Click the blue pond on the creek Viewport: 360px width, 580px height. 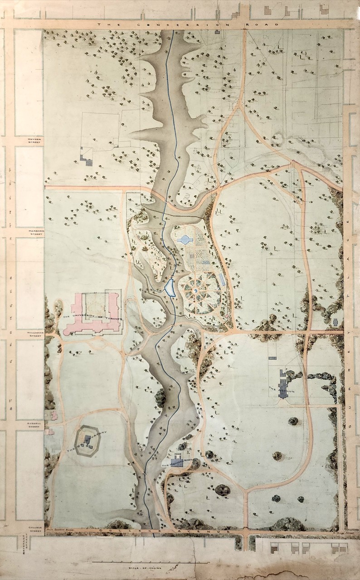170,287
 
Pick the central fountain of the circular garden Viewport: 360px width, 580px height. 195,290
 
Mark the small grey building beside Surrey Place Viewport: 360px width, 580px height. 336,322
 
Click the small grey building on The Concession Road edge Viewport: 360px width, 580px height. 218,32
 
